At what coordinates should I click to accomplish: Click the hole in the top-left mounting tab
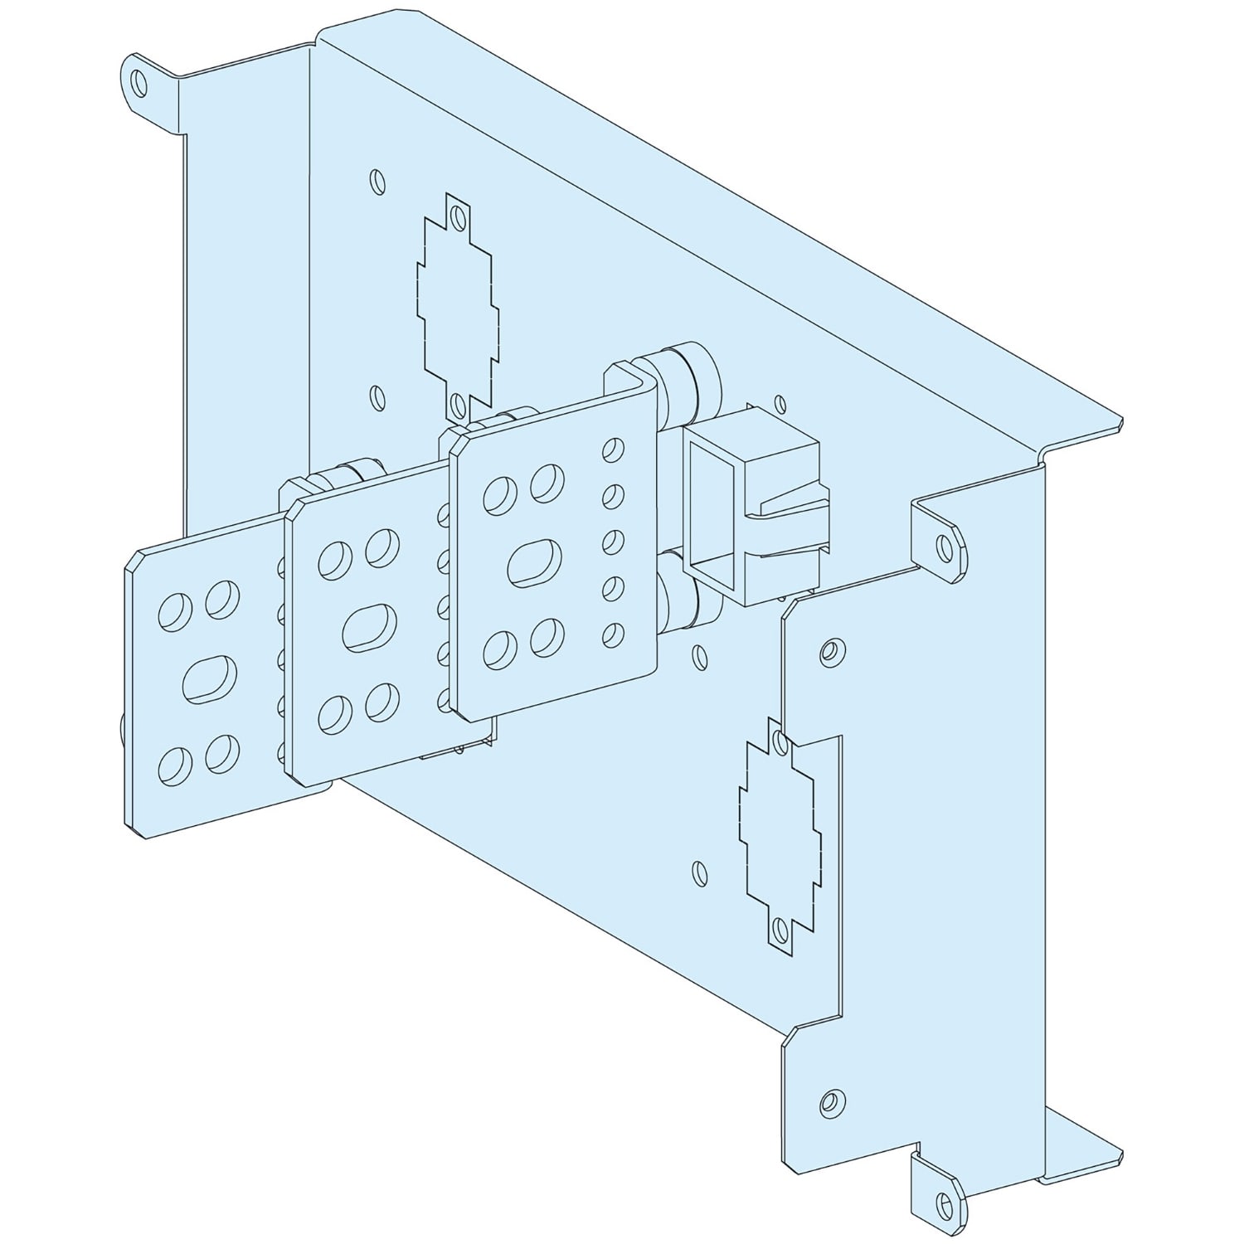[x=138, y=82]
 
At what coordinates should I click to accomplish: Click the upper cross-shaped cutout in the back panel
[x=459, y=307]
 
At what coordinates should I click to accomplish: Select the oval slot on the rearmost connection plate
[x=534, y=564]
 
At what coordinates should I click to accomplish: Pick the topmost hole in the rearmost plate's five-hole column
[x=613, y=450]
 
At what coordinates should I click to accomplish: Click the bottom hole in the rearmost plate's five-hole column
[x=613, y=634]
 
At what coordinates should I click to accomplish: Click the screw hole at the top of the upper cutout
[x=457, y=218]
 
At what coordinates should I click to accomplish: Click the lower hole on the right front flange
[x=828, y=1102]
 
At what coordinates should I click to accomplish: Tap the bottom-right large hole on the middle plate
[x=381, y=700]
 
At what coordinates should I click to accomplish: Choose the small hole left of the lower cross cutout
[x=699, y=872]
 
